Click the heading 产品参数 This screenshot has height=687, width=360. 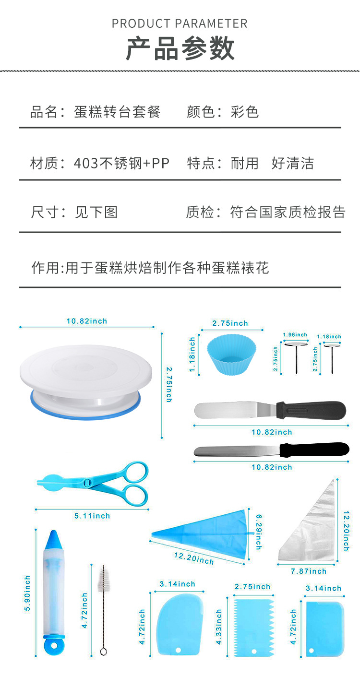pos(180,48)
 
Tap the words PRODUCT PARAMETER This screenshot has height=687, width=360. pos(180,24)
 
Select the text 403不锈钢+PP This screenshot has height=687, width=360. pos(121,163)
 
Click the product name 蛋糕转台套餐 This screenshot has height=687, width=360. pos(117,112)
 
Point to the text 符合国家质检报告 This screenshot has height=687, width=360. pos(288,212)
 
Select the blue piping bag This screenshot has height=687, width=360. pos(206,535)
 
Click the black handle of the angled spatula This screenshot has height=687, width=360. pos(312,410)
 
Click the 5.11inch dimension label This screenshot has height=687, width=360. pos(92,516)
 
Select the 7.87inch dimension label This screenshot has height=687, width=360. pos(308,571)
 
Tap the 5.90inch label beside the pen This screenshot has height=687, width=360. pos(27,593)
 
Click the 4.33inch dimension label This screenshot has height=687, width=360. pos(219,627)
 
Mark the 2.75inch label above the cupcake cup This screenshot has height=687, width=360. pos(230,323)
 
